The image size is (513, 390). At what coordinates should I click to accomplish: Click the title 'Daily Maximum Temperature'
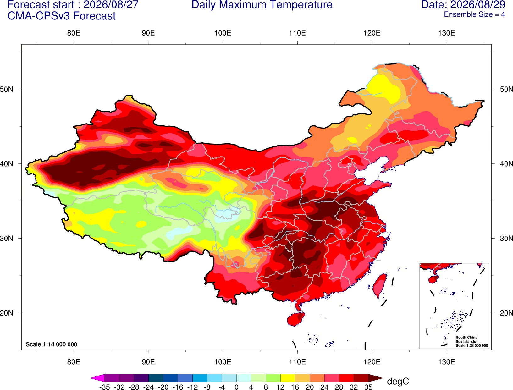(262, 5)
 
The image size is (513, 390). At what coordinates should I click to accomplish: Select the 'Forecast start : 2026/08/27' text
(73, 5)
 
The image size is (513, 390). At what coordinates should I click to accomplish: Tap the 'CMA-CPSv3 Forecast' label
(62, 16)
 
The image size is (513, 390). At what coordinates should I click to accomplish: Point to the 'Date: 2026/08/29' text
(463, 5)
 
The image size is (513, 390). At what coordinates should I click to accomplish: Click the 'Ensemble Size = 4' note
(474, 14)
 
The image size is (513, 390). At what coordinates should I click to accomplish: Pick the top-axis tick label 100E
(223, 33)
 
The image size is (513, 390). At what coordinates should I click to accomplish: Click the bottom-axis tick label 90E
(148, 362)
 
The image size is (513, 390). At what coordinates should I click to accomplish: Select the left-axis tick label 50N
(7, 89)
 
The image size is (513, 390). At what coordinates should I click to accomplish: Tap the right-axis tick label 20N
(506, 313)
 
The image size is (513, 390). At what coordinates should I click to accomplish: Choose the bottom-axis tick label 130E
(447, 362)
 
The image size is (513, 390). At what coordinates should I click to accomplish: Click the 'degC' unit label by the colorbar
(398, 381)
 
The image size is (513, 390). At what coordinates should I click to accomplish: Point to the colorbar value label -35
(104, 387)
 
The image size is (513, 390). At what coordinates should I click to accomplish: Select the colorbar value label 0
(236, 387)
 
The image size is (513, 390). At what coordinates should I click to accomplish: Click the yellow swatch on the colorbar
(288, 378)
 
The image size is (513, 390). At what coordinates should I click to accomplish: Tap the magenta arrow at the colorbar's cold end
(97, 378)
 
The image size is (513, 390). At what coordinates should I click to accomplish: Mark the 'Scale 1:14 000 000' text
(52, 344)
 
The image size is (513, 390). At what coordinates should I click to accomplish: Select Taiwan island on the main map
(379, 286)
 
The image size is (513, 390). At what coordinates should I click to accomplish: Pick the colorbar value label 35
(368, 387)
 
